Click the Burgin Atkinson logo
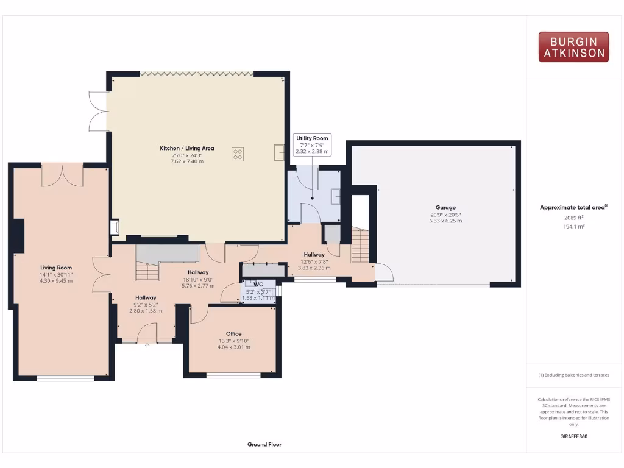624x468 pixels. [x=573, y=47]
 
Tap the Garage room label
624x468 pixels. [x=445, y=207]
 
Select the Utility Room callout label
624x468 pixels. [x=313, y=139]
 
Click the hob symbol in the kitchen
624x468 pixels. [x=238, y=155]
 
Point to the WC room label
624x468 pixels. [x=258, y=284]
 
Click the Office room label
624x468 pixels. [x=234, y=333]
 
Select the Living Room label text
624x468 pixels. [x=56, y=267]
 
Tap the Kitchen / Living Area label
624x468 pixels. [x=187, y=148]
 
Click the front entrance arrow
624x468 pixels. [x=147, y=346]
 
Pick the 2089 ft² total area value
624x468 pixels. [x=573, y=217]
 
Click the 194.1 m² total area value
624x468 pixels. [x=573, y=226]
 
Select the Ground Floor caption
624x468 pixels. [x=264, y=445]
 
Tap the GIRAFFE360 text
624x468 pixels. [x=573, y=436]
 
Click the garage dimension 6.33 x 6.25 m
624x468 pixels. [x=445, y=221]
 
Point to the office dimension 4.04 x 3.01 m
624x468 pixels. [x=234, y=347]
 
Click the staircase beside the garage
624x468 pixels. [x=360, y=245]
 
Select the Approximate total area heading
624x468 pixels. [x=573, y=207]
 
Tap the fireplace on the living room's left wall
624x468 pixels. [x=18, y=235]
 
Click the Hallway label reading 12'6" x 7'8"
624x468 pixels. [x=314, y=261]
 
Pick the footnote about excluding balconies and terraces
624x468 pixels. [x=573, y=375]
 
